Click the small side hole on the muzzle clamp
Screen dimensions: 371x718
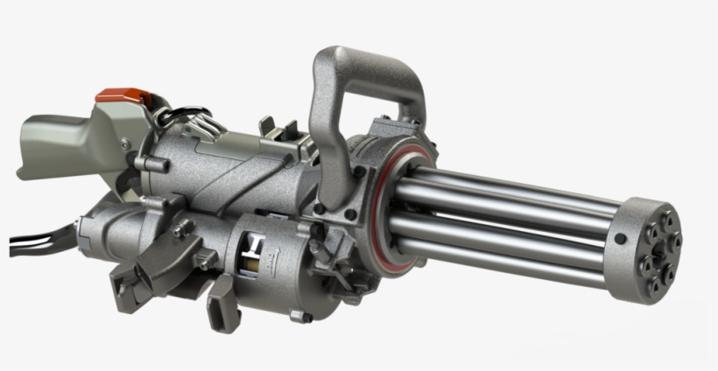pos(620,238)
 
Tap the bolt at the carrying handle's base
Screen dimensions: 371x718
pos(322,210)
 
